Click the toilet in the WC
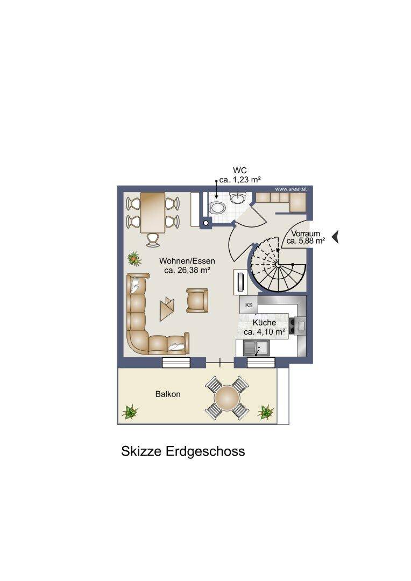point(217,208)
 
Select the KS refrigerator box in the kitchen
point(249,305)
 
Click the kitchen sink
point(257,348)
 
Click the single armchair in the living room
point(197,300)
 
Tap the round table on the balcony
point(227,398)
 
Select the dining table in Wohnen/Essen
point(153,212)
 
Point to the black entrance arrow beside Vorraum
point(335,237)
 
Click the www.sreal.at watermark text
point(290,189)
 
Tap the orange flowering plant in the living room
point(134,259)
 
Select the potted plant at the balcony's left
point(130,412)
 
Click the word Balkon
point(168,394)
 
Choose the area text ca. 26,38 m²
point(187,270)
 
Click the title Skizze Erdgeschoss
point(183,451)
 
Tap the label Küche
point(264,322)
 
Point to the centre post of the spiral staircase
point(277,264)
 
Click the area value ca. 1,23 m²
point(240,180)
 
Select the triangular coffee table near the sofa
point(166,309)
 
